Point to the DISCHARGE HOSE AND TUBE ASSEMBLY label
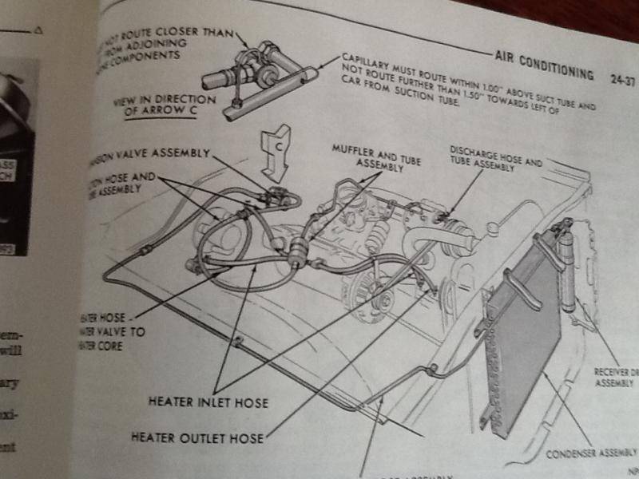tap(495, 156)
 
